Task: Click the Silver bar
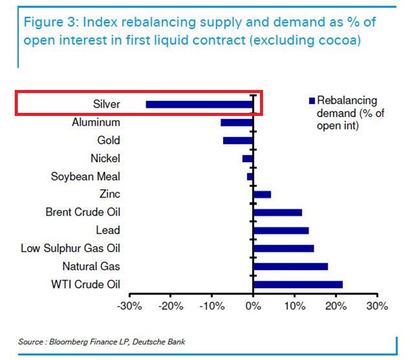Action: (199, 104)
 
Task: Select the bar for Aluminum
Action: (237, 123)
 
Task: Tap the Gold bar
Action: (238, 140)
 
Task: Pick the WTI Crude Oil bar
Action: (298, 284)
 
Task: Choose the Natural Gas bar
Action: (290, 266)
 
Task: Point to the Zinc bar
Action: (262, 194)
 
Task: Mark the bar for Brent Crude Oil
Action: (278, 212)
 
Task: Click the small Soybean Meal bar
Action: (250, 176)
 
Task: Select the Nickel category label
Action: (105, 159)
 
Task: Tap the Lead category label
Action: (108, 230)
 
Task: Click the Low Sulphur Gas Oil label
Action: (70, 248)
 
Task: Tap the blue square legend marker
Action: (312, 100)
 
